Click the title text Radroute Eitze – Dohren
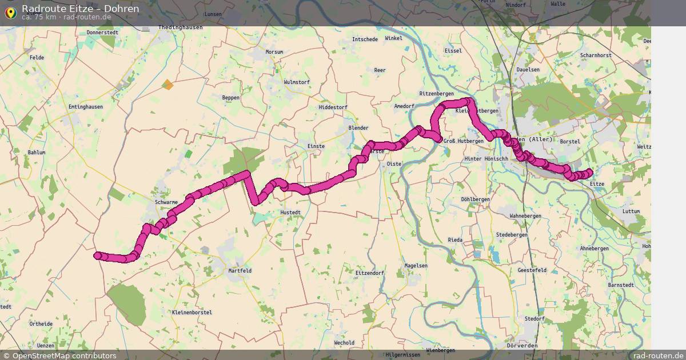coord(80,9)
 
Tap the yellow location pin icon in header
coord(10,12)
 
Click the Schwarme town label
coord(166,202)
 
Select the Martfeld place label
coord(240,270)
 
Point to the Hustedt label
coord(290,212)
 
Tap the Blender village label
coord(358,128)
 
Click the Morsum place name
coord(274,52)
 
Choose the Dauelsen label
coord(528,70)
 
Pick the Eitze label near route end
coord(596,184)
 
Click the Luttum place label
coord(631,211)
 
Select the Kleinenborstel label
coord(192,313)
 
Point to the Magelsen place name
coord(416,266)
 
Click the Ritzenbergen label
coord(437,93)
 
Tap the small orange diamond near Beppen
coord(167,85)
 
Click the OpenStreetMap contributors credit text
coord(65,355)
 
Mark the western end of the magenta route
coord(98,255)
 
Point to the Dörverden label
coord(522,346)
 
